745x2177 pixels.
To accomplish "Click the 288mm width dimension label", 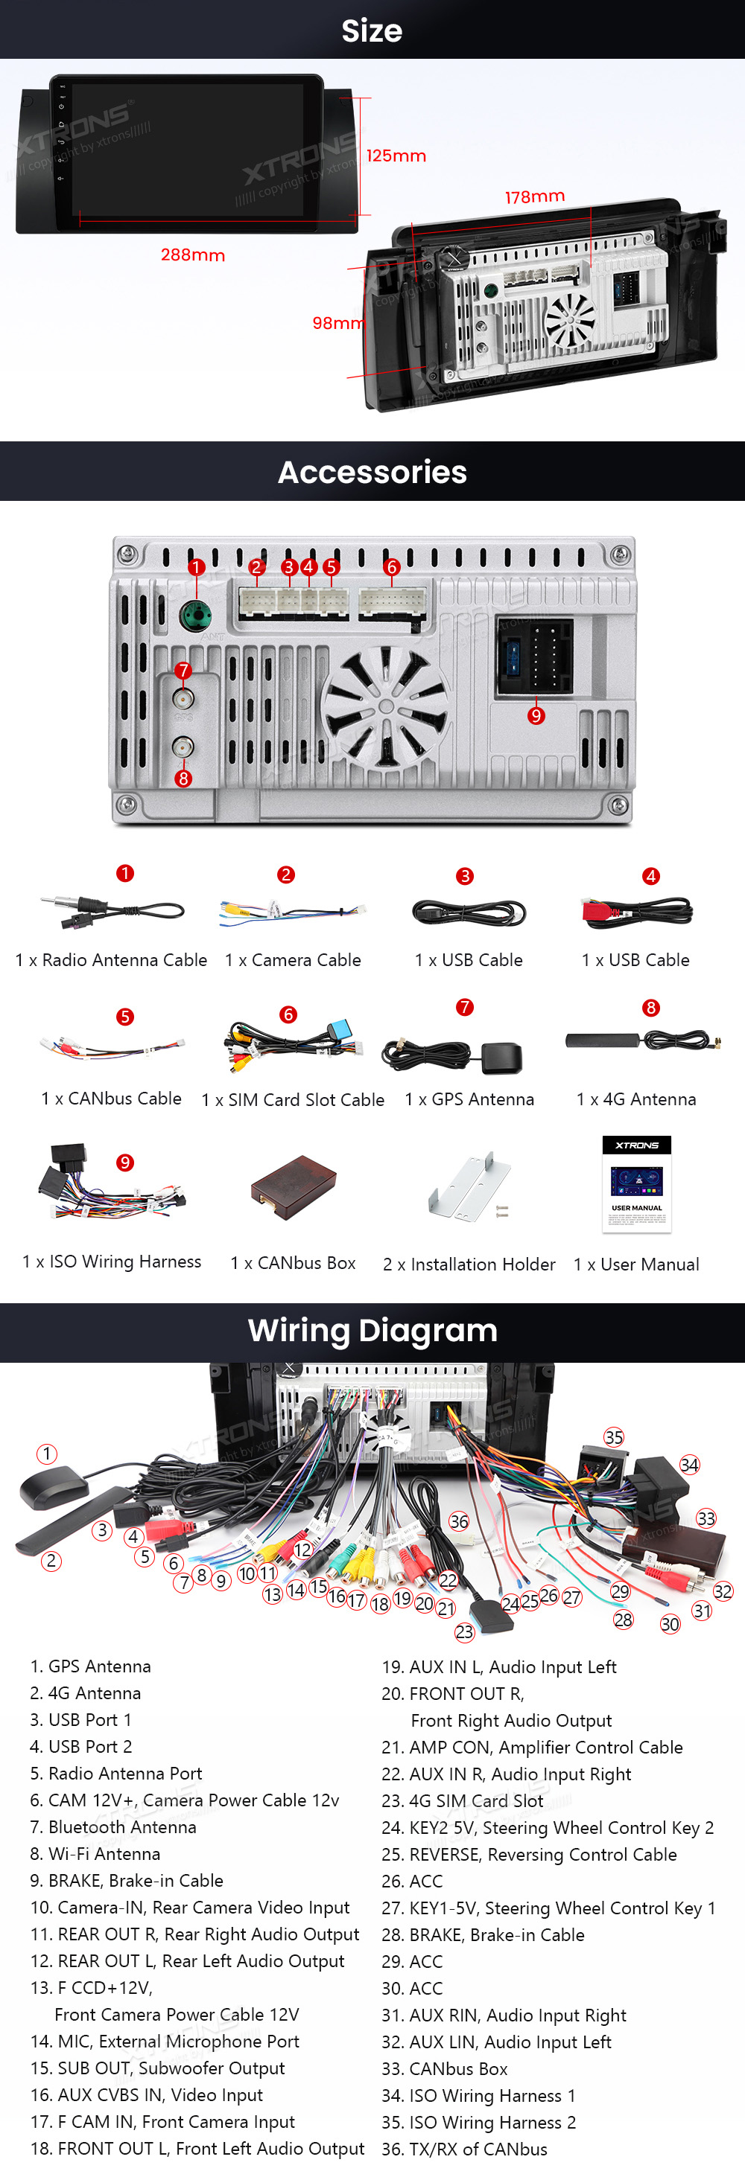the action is click(x=193, y=255).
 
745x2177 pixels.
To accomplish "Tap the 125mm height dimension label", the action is click(x=396, y=156).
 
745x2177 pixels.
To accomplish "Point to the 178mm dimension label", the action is click(x=534, y=197).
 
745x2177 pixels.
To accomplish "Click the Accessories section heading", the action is click(x=372, y=473).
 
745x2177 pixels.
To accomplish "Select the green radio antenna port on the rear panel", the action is click(x=195, y=616).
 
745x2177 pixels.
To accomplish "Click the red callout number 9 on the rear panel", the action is click(x=536, y=716).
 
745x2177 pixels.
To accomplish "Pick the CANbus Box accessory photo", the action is click(x=294, y=1187).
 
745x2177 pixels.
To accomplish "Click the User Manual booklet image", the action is click(x=637, y=1184).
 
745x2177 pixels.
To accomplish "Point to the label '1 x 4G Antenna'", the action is click(x=636, y=1099).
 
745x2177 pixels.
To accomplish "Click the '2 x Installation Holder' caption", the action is click(x=469, y=1265).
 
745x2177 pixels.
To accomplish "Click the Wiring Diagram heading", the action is click(x=372, y=1331).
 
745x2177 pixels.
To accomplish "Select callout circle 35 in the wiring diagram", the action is click(x=613, y=1437).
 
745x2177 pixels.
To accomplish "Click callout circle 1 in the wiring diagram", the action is click(x=46, y=1454).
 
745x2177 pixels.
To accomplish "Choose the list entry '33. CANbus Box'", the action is click(x=445, y=2069).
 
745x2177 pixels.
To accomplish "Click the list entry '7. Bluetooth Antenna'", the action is click(x=113, y=1827).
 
